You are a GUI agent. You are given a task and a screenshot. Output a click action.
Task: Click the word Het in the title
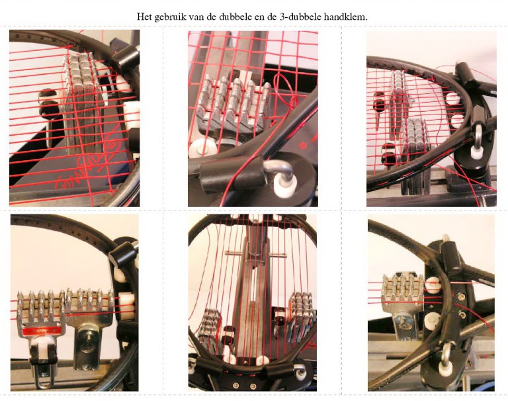coord(144,17)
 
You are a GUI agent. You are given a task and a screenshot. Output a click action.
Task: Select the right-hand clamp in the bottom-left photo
coord(90,324)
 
